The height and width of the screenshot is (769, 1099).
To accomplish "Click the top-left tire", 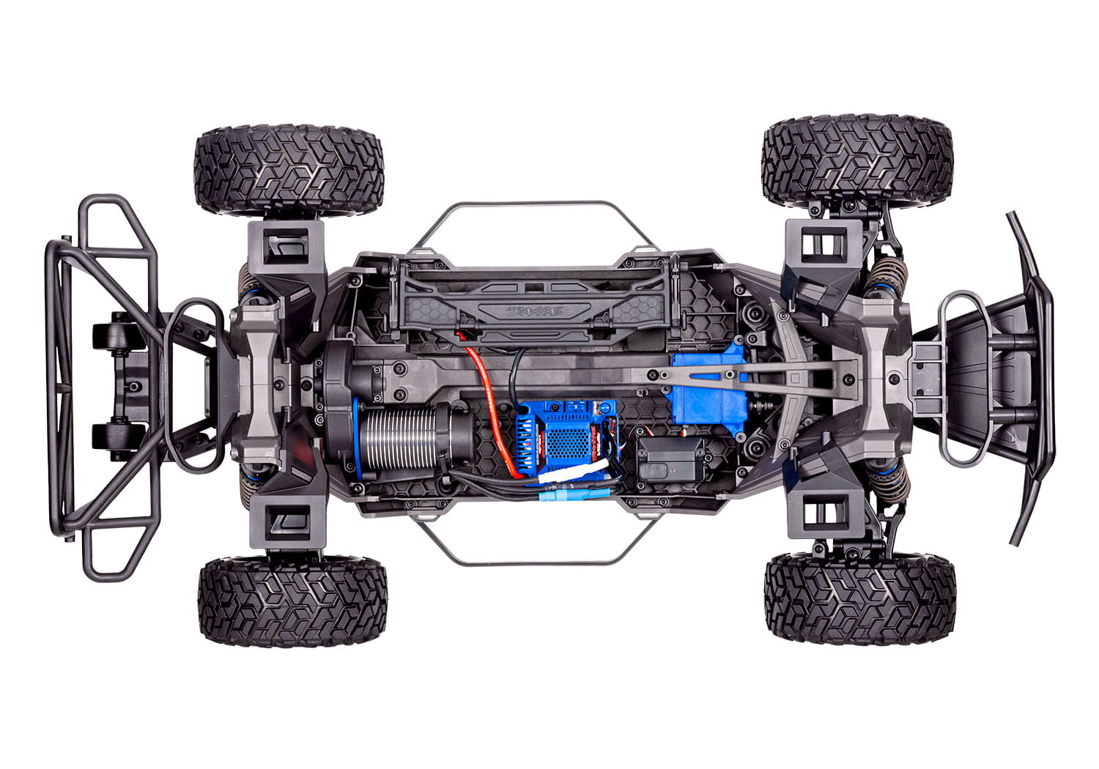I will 288,170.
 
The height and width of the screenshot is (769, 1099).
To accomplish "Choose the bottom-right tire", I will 859,597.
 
